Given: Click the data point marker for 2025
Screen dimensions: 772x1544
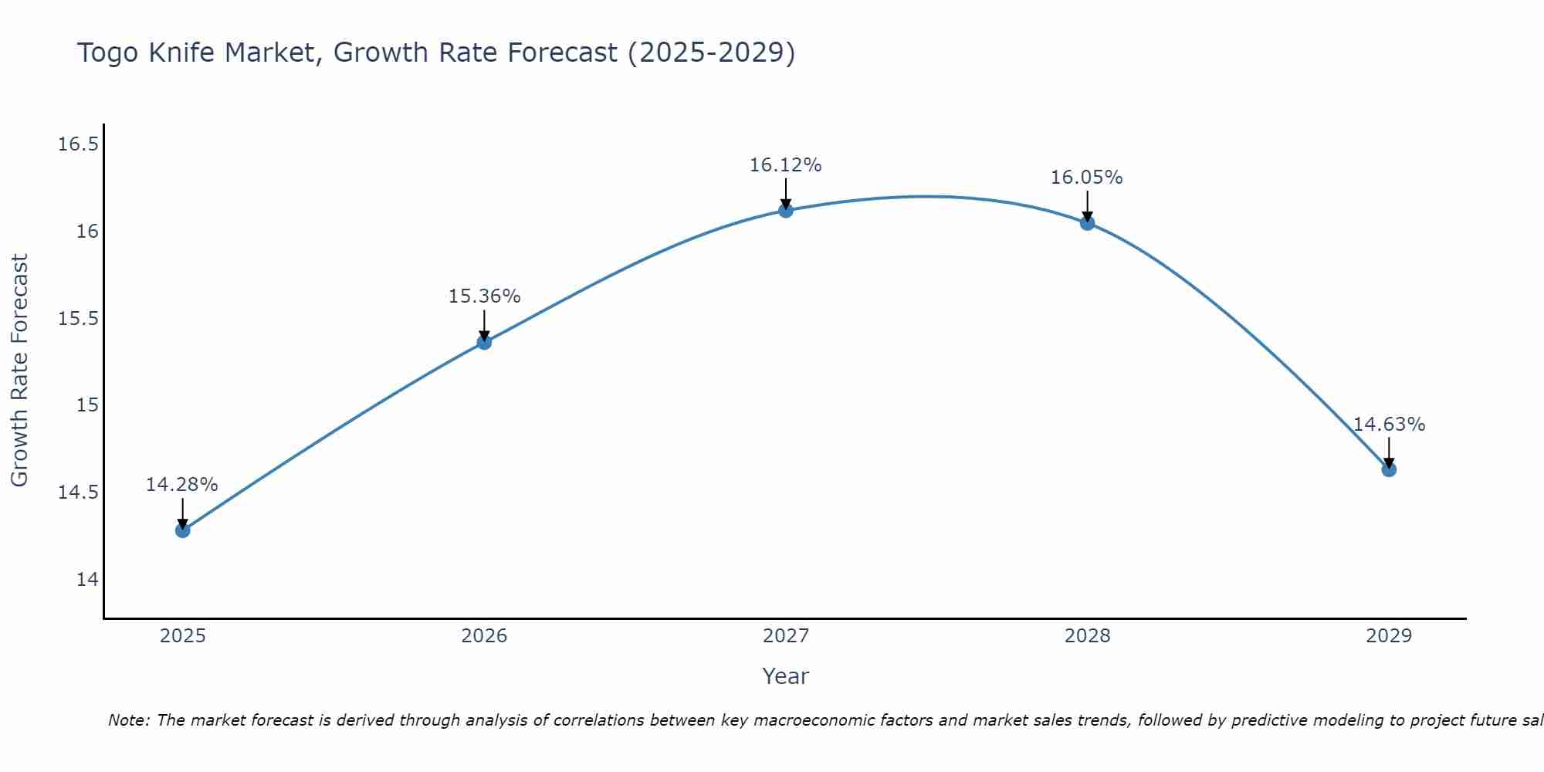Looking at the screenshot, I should click(x=182, y=530).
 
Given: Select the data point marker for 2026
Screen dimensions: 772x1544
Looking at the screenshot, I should click(x=484, y=342).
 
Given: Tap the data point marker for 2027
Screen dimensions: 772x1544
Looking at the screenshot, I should click(x=786, y=210).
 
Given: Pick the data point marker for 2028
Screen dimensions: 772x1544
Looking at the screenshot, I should click(x=1087, y=223).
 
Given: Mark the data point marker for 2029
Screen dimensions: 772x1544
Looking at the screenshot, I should click(x=1389, y=469).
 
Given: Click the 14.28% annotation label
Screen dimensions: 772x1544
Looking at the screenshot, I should click(x=182, y=485).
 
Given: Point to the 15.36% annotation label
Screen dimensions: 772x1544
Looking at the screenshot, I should click(x=484, y=296).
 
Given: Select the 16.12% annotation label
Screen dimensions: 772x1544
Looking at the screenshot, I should click(x=786, y=165).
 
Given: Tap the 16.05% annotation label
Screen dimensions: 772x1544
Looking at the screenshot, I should click(x=1087, y=178).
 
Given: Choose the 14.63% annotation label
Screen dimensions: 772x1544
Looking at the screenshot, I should click(x=1389, y=425).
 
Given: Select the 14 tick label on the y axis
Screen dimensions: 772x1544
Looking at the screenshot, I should click(x=87, y=580).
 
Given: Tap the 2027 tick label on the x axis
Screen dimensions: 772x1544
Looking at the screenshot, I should click(x=786, y=636).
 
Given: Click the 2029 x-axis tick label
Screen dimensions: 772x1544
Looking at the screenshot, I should click(x=1389, y=636).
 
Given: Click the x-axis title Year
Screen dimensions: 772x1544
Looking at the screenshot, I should click(x=786, y=676).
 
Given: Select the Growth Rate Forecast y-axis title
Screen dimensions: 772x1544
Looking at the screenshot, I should click(x=19, y=371).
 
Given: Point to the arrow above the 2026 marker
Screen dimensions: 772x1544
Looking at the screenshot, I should click(x=484, y=324).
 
